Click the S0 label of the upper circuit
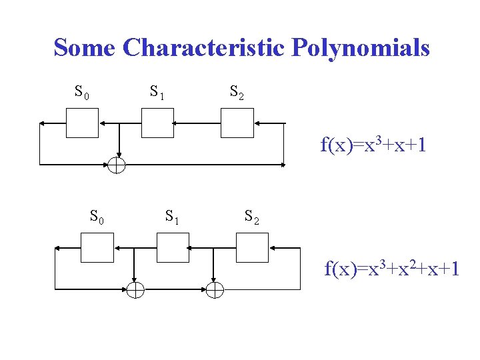[x=81, y=93]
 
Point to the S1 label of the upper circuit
[x=157, y=93]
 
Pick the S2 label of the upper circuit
[x=237, y=93]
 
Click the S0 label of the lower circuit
[x=97, y=216]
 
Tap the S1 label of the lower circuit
[x=172, y=216]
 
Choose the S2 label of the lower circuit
[x=252, y=216]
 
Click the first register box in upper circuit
[x=82, y=123]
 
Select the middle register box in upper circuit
[x=157, y=123]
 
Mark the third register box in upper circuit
[x=237, y=123]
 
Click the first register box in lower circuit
[x=97, y=247]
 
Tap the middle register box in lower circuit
[x=173, y=247]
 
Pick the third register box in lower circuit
[x=253, y=247]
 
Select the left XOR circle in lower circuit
[x=135, y=289]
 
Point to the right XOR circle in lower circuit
[x=214, y=289]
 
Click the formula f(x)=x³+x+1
[x=373, y=145]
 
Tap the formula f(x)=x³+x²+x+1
[x=391, y=269]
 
